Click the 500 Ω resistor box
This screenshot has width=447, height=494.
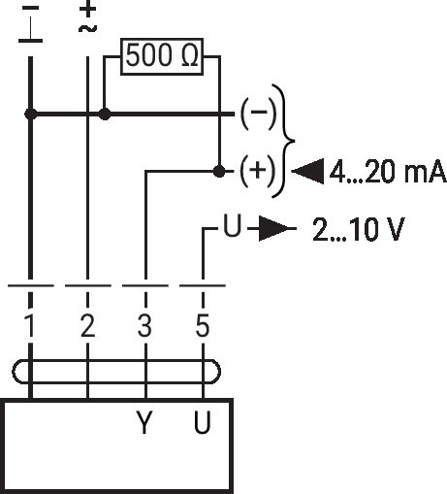coord(162,56)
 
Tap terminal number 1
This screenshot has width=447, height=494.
coord(30,325)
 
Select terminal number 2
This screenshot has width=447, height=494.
coord(87,325)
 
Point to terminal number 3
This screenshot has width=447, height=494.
coord(144,325)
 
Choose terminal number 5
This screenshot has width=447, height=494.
coord(203,325)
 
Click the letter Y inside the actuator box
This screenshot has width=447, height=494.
coord(144,422)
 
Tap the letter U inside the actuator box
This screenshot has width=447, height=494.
coord(203,422)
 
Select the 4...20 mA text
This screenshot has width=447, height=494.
coord(388,172)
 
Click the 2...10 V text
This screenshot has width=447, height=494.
coord(359,229)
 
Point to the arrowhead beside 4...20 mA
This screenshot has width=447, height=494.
coord(307,171)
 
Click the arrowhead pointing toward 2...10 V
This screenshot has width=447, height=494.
coord(274,228)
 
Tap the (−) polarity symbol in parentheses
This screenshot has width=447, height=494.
coord(259,113)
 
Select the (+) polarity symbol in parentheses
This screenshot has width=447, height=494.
coord(258,171)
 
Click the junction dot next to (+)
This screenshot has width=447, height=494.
coord(219,171)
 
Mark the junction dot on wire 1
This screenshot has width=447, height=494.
coord(31,114)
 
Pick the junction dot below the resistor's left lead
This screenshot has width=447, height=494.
coord(105,114)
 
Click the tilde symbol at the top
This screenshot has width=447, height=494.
coord(87,29)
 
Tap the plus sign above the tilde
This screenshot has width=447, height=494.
coord(87,10)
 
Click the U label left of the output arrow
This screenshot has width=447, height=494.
coord(233,225)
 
